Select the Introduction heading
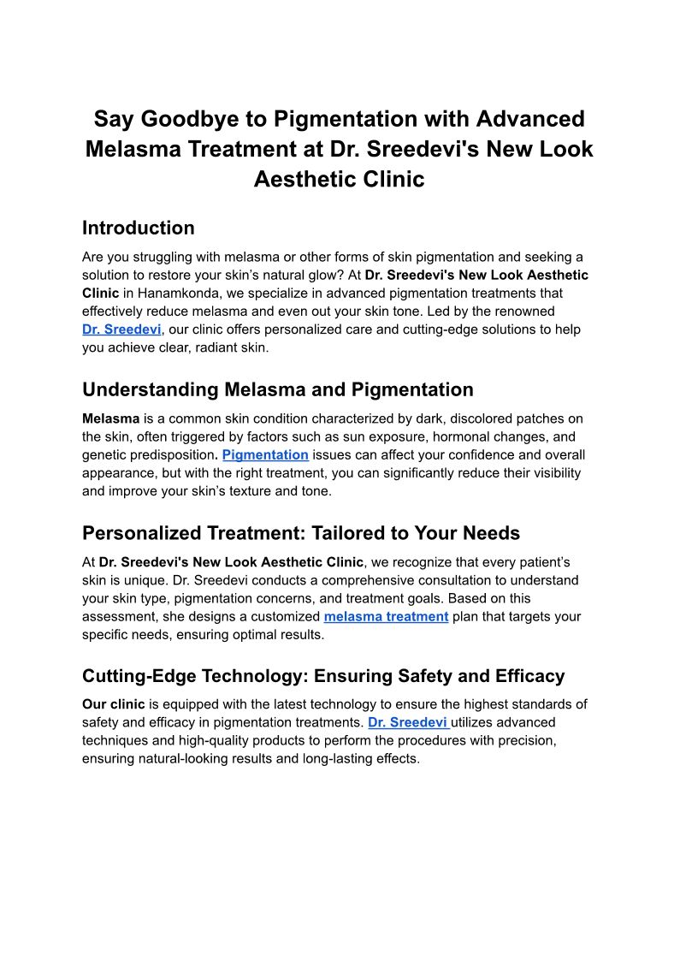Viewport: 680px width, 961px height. pyautogui.click(x=138, y=228)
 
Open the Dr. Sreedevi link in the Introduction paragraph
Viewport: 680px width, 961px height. pyautogui.click(x=121, y=329)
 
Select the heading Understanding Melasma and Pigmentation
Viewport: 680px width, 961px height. pyautogui.click(x=277, y=390)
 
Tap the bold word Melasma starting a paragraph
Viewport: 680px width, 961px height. pyautogui.click(x=110, y=418)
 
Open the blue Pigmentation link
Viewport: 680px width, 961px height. pyautogui.click(x=265, y=455)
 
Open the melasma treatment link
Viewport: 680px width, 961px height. pyautogui.click(x=386, y=616)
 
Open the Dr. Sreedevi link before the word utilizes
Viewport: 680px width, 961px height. pyautogui.click(x=407, y=722)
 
